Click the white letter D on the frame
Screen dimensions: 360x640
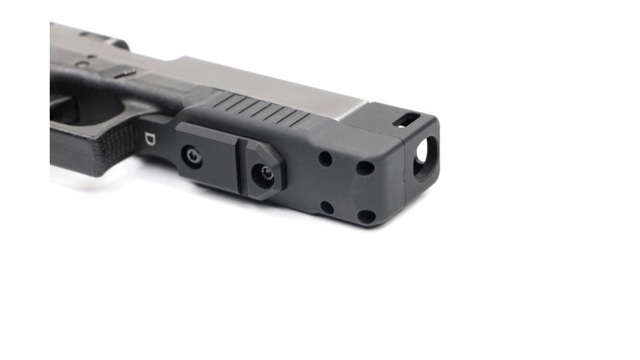tap(149, 139)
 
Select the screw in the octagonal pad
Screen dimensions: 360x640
tap(266, 173)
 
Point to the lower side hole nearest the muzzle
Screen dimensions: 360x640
tap(367, 215)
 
